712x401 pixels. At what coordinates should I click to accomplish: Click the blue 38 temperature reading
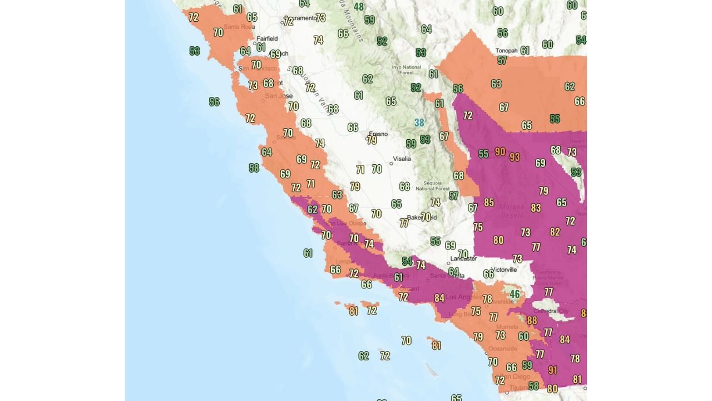(419, 123)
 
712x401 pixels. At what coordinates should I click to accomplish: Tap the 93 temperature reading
(515, 157)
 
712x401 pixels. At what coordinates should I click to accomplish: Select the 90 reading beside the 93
(500, 151)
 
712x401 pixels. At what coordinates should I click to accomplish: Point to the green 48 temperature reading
(359, 7)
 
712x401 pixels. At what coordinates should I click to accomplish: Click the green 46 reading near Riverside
(515, 294)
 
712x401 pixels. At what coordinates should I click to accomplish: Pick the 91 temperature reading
(552, 370)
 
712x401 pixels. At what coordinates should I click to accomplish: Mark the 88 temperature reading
(532, 320)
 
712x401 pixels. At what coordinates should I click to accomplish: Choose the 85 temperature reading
(489, 202)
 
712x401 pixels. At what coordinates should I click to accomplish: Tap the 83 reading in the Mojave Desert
(536, 208)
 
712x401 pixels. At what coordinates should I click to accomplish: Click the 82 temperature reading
(555, 232)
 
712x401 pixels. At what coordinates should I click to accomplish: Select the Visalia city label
(402, 159)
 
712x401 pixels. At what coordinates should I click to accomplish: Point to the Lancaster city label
(463, 258)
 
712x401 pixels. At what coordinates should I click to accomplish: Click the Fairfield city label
(267, 38)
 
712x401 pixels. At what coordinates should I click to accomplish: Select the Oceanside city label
(503, 349)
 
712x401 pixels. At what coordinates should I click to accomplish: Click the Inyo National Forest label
(403, 69)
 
